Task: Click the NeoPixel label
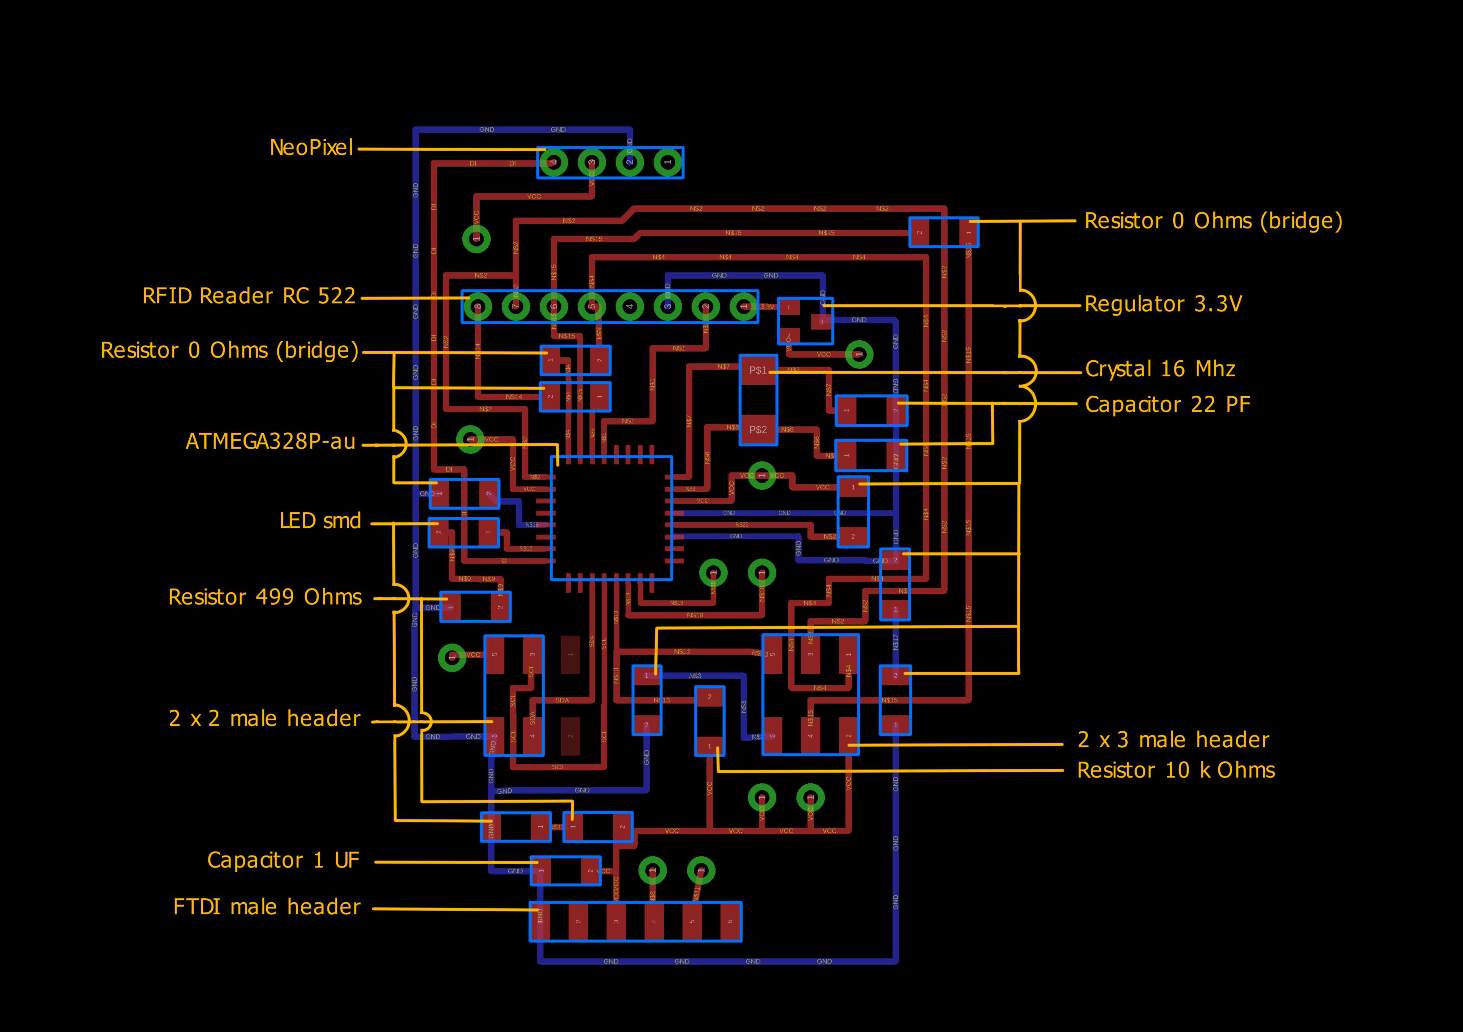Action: (311, 148)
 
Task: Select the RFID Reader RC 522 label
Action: (248, 296)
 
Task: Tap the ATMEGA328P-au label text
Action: (270, 442)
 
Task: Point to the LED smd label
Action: (320, 521)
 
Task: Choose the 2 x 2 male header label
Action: (264, 719)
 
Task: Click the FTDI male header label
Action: (266, 906)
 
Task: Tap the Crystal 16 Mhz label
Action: (1160, 369)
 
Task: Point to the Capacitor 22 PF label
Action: (1168, 404)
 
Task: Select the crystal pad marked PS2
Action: (758, 429)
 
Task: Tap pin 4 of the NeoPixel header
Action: (554, 163)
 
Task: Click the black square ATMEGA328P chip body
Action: (611, 518)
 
